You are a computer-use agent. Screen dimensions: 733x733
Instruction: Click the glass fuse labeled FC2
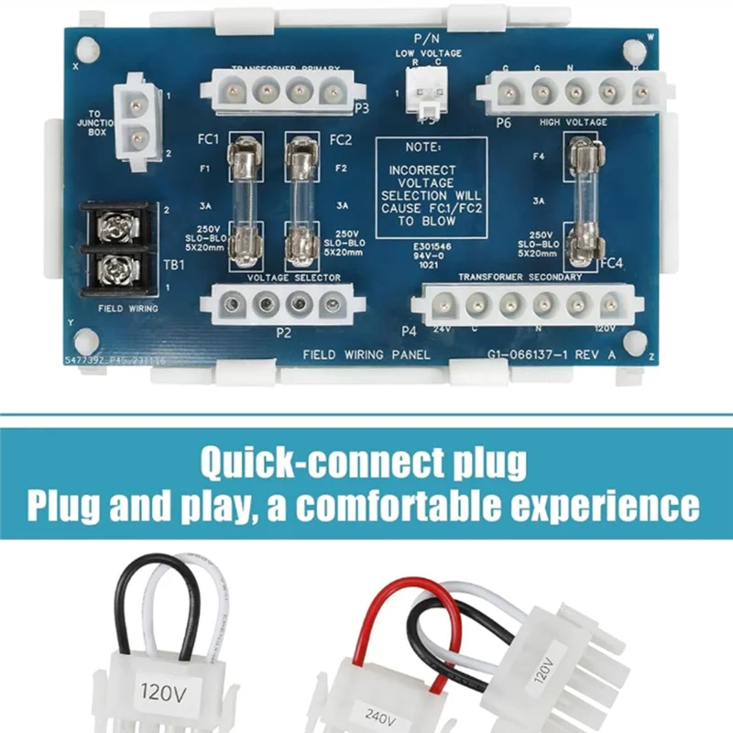coord(297,200)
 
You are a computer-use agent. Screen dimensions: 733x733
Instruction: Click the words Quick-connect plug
coord(364,463)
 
